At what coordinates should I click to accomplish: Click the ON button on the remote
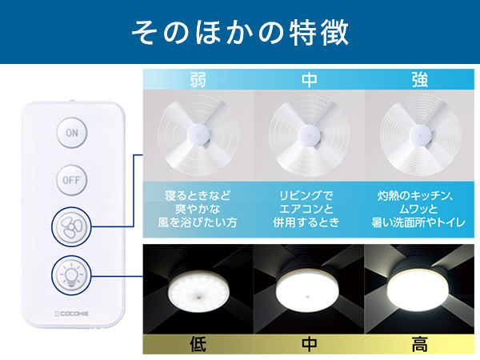[72, 133]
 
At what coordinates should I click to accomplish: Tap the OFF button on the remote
[72, 180]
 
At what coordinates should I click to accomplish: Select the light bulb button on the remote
[71, 275]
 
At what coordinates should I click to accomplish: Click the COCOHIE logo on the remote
[72, 314]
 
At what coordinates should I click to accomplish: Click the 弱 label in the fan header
[198, 79]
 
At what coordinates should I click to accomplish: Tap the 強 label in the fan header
[419, 79]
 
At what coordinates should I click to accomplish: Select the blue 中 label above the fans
[309, 79]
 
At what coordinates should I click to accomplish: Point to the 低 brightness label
[198, 344]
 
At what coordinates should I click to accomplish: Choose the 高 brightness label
[419, 344]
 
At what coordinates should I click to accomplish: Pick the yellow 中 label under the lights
[309, 344]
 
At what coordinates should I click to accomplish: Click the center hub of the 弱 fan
[199, 134]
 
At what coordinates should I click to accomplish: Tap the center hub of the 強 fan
[421, 134]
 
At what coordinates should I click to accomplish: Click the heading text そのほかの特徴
[240, 32]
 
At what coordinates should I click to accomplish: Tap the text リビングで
[306, 195]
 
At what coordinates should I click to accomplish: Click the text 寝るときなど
[198, 195]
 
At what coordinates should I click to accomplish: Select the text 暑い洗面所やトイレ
[418, 222]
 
